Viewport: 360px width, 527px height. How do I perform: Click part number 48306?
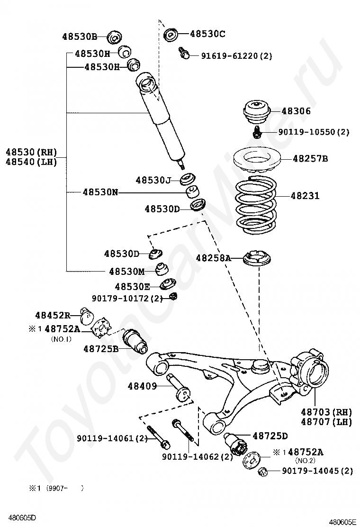point(296,111)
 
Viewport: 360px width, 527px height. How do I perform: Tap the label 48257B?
point(310,159)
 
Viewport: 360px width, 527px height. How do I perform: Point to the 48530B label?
point(80,36)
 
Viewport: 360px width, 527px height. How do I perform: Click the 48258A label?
point(213,258)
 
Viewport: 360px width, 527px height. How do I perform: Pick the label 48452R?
point(53,315)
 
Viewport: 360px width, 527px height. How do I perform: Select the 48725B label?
point(101,349)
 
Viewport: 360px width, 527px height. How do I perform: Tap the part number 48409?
point(142,386)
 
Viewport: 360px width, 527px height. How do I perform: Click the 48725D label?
point(270,436)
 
